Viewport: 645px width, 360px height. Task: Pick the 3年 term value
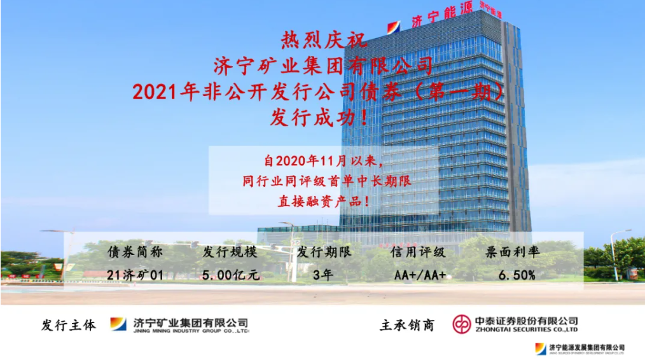coord(322,275)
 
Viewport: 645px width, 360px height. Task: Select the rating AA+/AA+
coord(420,275)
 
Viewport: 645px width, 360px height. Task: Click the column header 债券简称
coord(135,251)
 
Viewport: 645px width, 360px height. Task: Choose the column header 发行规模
coord(230,251)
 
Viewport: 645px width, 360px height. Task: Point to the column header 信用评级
coord(419,251)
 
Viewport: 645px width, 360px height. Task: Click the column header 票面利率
coord(513,251)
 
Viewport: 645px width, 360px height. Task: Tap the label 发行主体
coord(69,324)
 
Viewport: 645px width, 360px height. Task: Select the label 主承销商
coord(407,324)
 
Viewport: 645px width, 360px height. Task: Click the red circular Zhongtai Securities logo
coord(462,324)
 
